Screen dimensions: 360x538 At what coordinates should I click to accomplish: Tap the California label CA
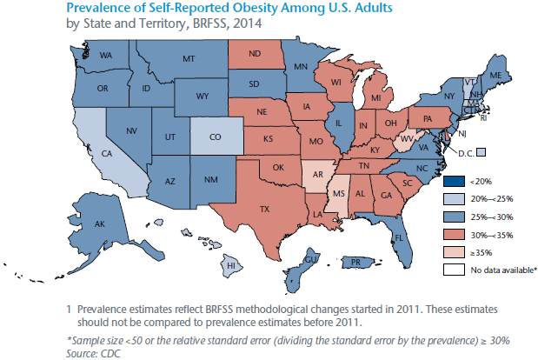[109, 154]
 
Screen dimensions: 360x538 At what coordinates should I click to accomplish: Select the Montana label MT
[188, 59]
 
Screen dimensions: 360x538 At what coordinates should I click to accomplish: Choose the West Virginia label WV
[406, 138]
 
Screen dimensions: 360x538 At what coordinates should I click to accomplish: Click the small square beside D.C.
[481, 152]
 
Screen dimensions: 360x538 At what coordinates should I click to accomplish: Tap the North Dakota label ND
[256, 53]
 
